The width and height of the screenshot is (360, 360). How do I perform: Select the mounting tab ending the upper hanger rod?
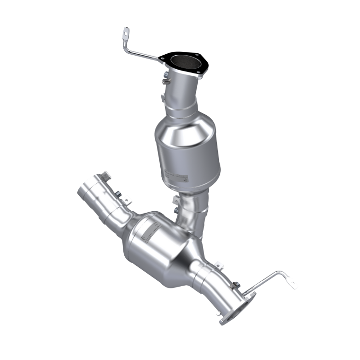[x=125, y=34]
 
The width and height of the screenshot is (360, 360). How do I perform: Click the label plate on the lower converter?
[x=149, y=229]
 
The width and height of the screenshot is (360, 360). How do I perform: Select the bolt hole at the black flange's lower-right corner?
[x=197, y=72]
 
